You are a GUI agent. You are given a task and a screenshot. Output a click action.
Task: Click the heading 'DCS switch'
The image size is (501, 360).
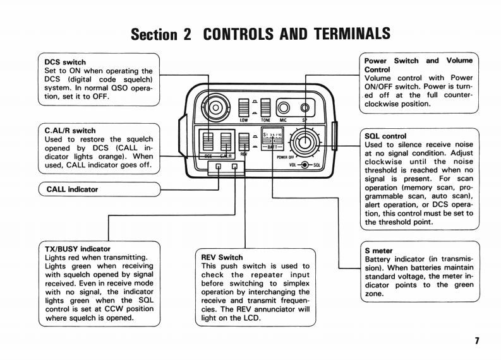(65, 63)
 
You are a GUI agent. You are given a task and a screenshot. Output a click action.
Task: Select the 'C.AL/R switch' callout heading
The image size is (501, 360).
(70, 131)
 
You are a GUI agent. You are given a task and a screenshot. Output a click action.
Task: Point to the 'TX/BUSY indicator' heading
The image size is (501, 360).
(78, 249)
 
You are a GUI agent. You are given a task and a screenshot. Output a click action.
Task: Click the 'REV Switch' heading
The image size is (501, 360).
(222, 258)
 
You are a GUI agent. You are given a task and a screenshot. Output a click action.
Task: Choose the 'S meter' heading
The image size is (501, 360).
(378, 251)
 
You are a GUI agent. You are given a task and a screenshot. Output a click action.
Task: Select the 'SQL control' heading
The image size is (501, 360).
(385, 136)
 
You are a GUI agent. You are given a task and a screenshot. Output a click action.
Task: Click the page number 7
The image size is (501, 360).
(477, 341)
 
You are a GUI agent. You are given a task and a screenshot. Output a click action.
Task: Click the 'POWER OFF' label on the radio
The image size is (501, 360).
(286, 157)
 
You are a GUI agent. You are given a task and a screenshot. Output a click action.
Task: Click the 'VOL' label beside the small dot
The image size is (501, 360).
(293, 165)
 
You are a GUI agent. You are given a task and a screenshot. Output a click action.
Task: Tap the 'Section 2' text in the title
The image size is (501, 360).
(160, 33)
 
